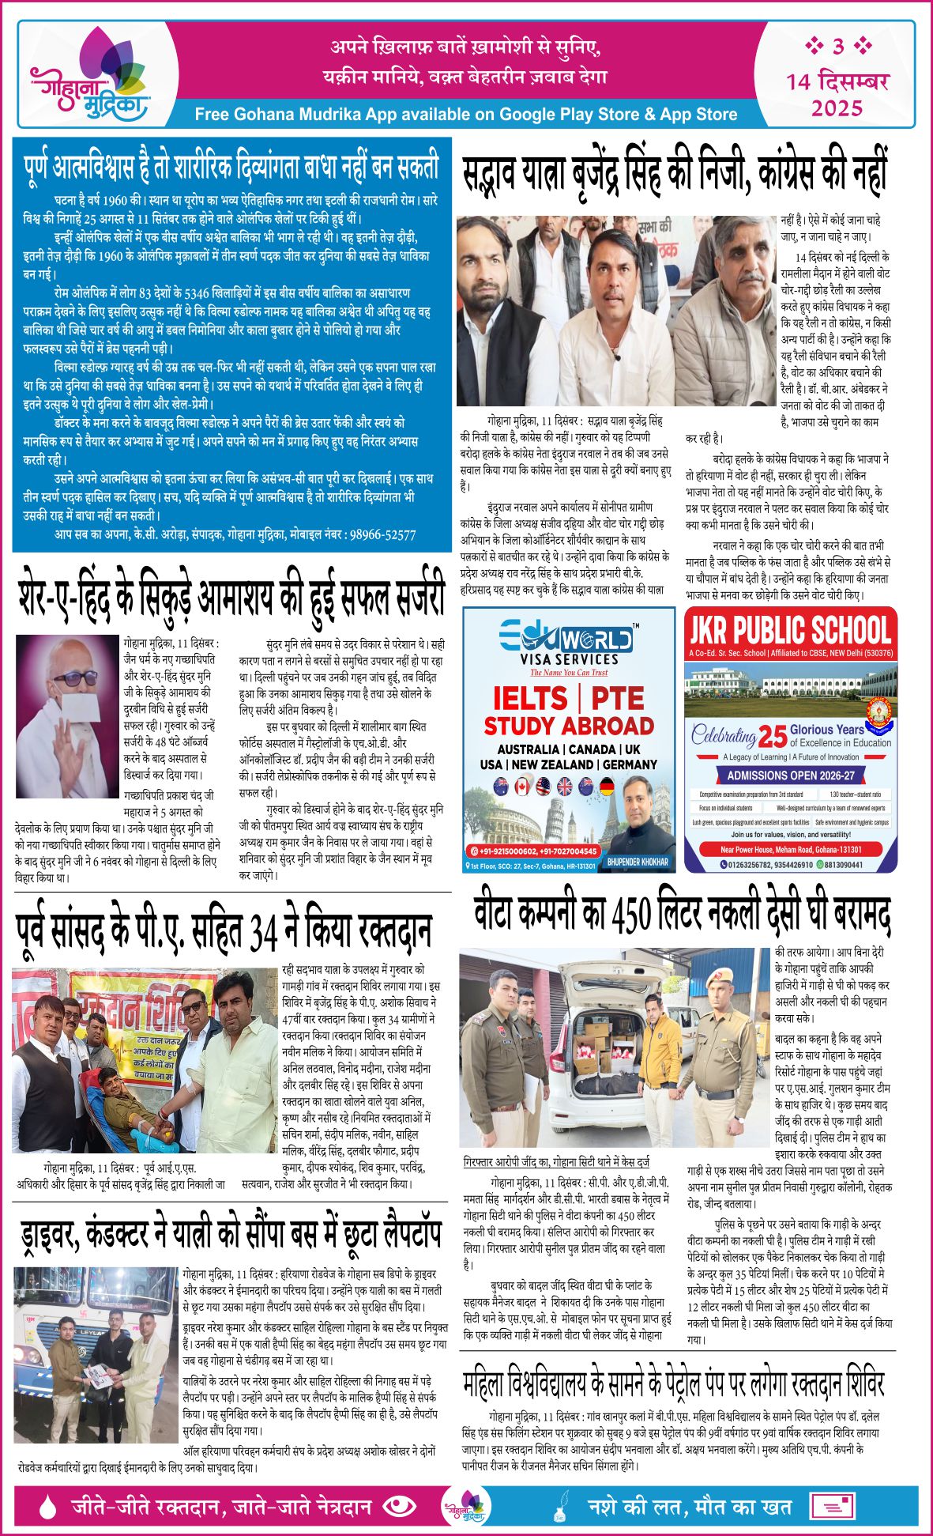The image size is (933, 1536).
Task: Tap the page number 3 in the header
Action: [x=838, y=47]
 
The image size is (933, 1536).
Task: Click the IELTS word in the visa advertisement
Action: [x=529, y=699]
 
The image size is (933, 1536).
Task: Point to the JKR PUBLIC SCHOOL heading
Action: [x=790, y=630]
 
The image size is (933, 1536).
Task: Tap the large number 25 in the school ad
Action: [x=772, y=737]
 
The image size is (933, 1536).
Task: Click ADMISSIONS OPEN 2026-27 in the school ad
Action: [x=791, y=776]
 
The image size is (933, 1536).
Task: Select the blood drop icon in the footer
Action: [x=48, y=1507]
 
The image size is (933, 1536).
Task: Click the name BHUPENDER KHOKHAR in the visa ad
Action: [x=637, y=861]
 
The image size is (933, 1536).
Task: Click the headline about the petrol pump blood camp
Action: [x=673, y=1384]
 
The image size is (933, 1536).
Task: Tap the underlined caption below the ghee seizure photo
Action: [x=556, y=1162]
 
